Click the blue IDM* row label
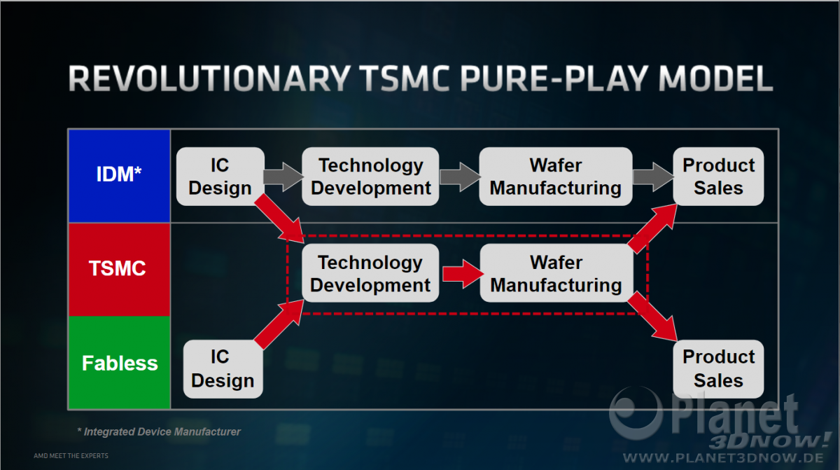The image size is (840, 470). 119,176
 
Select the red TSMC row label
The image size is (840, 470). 119,269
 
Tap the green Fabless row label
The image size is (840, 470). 119,362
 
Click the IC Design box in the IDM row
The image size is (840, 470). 220,177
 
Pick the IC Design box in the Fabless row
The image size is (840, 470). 223,368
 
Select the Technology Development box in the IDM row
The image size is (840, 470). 370,177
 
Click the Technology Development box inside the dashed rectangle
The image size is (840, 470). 370,273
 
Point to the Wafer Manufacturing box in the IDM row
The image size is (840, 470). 556,177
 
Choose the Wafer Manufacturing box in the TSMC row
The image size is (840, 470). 556,273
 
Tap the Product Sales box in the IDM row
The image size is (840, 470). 718,177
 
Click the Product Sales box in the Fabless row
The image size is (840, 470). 718,368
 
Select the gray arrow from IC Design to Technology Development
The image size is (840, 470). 283,177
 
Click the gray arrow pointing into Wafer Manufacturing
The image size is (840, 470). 460,177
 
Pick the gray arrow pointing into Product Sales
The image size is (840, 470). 653,177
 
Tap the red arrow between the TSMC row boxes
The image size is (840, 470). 463,274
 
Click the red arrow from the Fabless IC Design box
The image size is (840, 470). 279,324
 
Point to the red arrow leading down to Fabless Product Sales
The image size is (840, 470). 652,317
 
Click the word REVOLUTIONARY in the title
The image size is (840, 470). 209,78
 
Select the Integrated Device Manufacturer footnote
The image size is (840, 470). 159,431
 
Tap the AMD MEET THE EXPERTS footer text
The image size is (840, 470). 71,456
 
